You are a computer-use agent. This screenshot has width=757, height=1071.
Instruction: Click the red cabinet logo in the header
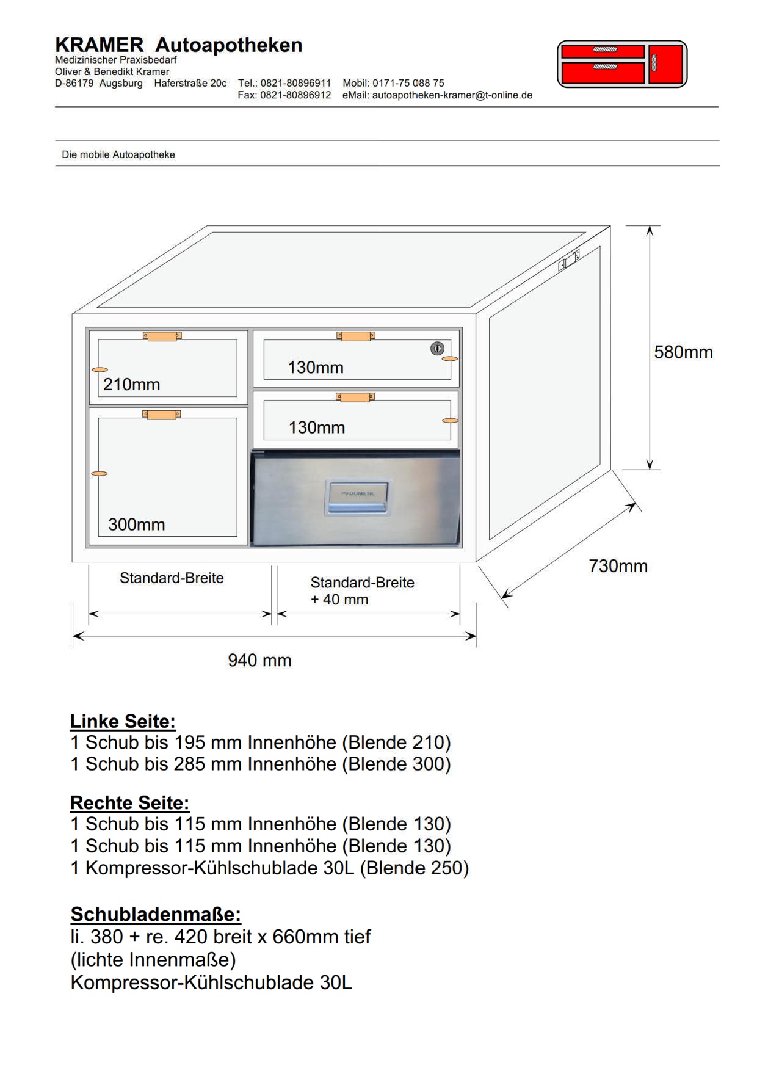pos(622,64)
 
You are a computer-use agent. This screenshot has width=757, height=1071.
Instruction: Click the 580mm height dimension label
pos(683,352)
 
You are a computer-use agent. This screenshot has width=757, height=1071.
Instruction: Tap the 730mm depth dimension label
pos(618,566)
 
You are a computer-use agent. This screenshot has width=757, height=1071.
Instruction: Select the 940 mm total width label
pos(259,660)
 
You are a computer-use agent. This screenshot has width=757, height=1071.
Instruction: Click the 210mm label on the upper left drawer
pos(131,384)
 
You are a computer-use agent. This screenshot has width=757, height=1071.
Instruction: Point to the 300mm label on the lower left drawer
pos(136,525)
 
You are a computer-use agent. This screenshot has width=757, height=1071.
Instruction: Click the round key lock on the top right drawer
pos(437,348)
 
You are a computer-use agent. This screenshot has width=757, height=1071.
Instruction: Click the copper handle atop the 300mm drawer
pos(161,415)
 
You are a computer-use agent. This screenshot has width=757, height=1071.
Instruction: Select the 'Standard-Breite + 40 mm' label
pos(362,591)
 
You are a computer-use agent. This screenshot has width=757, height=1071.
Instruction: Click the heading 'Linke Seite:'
pos(123,721)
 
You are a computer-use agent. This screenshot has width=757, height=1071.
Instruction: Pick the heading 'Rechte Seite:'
pos(129,802)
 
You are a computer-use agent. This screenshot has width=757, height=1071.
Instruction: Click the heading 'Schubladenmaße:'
pos(156,914)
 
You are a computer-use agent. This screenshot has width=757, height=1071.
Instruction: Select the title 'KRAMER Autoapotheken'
pos(178,45)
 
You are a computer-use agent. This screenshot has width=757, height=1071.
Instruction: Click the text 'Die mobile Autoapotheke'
pos(118,155)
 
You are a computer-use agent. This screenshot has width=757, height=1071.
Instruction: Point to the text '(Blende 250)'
pos(414,868)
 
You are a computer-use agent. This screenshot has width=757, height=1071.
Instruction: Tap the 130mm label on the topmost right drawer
pos(316,368)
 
